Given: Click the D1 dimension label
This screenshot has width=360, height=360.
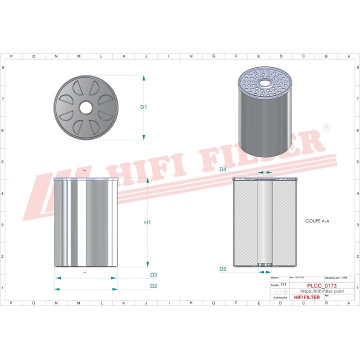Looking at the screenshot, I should [x=143, y=107].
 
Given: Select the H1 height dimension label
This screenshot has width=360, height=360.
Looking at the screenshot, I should [x=147, y=222].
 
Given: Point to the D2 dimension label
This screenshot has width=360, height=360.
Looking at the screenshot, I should [x=153, y=286].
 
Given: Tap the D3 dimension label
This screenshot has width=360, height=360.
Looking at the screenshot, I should [x=153, y=275].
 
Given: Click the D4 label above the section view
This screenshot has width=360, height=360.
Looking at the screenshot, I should [x=223, y=170].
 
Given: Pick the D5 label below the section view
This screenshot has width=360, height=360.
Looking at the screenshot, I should [x=223, y=269].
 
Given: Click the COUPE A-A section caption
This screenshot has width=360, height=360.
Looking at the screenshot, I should [x=318, y=220].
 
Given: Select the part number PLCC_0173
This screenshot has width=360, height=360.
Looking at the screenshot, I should [x=321, y=286].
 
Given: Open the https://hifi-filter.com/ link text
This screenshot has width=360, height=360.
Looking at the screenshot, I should [x=321, y=291].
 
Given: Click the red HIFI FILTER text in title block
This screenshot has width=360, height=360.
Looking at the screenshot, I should [x=306, y=297].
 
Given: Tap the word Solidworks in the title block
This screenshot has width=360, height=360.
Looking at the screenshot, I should [x=280, y=297].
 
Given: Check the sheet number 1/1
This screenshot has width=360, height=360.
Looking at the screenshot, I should [x=283, y=284].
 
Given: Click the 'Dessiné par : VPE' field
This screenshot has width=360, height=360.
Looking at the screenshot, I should [x=336, y=277].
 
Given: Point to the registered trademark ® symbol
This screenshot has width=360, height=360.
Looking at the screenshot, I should [x=326, y=128].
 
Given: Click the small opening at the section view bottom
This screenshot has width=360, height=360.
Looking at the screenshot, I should [x=264, y=265].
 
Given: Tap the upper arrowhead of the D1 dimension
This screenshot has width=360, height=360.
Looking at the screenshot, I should [x=143, y=78].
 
